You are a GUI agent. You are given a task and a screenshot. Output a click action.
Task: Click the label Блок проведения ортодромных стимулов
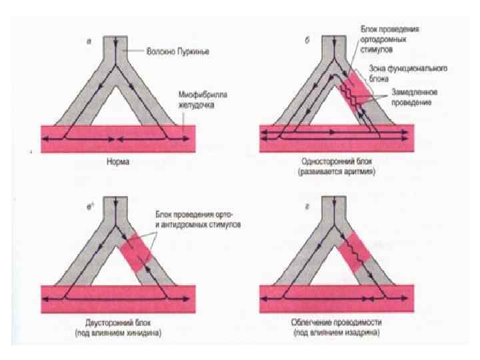[394, 39]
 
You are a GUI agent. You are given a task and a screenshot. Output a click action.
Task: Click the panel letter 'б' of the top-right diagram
[306, 41]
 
